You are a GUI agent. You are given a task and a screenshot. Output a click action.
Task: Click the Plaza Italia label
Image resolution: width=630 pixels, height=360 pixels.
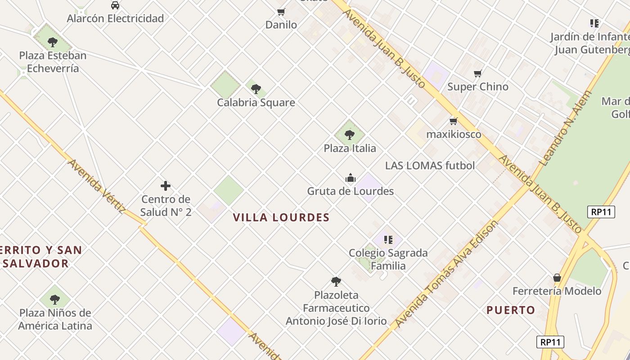pos(350,148)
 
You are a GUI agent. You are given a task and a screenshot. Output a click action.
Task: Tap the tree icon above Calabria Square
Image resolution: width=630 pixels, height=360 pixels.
pos(256,89)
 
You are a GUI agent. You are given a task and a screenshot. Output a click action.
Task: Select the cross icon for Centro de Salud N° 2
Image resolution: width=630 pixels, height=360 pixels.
pos(166,185)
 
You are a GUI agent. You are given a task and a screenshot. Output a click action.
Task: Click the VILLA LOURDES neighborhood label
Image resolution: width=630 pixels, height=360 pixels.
pos(281,218)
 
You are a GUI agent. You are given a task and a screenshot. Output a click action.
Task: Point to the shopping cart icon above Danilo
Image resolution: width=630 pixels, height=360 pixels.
pos(281,12)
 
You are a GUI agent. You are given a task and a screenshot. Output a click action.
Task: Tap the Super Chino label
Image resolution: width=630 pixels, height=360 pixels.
pos(477,86)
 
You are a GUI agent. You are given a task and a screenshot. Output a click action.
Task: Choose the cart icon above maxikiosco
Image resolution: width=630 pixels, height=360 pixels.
pos(454,121)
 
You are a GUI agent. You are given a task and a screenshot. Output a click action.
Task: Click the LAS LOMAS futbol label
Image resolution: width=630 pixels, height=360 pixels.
pos(430,166)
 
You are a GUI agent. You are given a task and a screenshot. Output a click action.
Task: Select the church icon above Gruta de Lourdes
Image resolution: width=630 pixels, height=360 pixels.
pos(351,178)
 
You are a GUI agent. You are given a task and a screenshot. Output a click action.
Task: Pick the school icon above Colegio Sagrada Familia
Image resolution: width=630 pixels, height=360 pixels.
pos(388,239)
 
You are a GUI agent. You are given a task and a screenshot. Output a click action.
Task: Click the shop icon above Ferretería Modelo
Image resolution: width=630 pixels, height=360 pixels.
pos(557,278)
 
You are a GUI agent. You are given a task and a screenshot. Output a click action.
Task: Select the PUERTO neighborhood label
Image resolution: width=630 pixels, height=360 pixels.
pos(511,310)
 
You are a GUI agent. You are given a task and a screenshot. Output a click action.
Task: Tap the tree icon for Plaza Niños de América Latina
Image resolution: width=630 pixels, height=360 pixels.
pos(55,299)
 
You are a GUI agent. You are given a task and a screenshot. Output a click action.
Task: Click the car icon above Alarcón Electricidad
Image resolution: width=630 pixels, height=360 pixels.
pos(115,5)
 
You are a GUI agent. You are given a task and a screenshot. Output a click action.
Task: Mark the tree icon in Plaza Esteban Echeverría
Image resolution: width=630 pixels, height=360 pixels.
pos(53,43)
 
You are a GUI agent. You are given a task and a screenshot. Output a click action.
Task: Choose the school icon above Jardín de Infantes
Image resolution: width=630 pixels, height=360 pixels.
pos(594,23)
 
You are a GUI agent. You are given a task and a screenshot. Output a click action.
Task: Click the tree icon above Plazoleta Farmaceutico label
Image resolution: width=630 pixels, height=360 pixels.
pos(336,282)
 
